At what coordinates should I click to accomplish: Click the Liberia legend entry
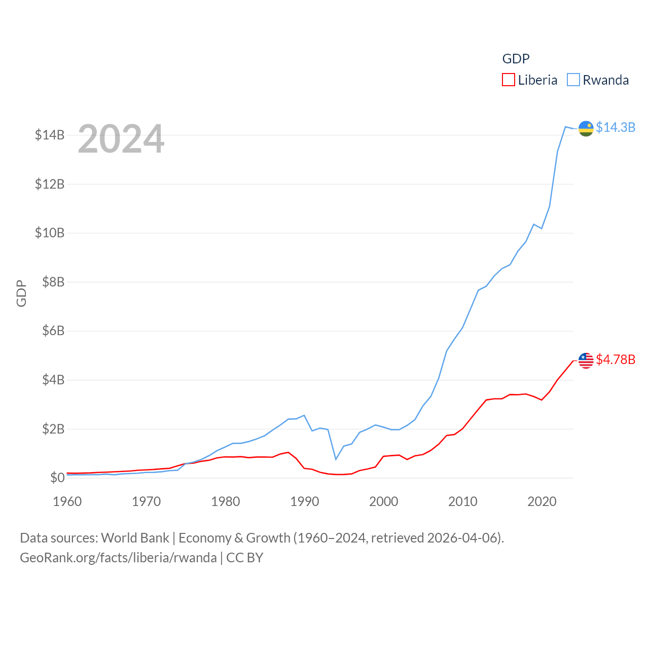[x=530, y=80]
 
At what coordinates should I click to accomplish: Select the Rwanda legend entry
[x=598, y=80]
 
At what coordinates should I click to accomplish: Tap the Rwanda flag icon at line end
[x=586, y=129]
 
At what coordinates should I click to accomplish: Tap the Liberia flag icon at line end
[x=586, y=360]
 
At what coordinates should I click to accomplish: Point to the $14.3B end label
[x=616, y=127]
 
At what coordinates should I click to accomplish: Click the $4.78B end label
[x=616, y=359]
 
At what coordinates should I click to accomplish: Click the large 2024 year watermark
[x=121, y=138]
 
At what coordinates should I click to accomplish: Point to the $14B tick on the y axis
[x=50, y=135]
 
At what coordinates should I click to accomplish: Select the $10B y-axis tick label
[x=50, y=233]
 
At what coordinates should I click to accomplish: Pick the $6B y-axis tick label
[x=53, y=331]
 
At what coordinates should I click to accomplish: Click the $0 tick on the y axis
[x=57, y=478]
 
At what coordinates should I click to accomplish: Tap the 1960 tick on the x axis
[x=67, y=501]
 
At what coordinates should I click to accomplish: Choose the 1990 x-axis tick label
[x=305, y=501]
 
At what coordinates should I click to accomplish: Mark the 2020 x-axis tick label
[x=542, y=501]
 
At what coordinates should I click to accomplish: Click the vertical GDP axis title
[x=21, y=293]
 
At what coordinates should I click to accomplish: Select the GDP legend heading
[x=516, y=59]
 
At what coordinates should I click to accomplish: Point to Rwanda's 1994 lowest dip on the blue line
[x=336, y=459]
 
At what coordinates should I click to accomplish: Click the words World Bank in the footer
[x=135, y=537]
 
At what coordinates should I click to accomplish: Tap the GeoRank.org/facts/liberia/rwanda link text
[x=118, y=558]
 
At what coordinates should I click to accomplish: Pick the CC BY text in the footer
[x=245, y=558]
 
